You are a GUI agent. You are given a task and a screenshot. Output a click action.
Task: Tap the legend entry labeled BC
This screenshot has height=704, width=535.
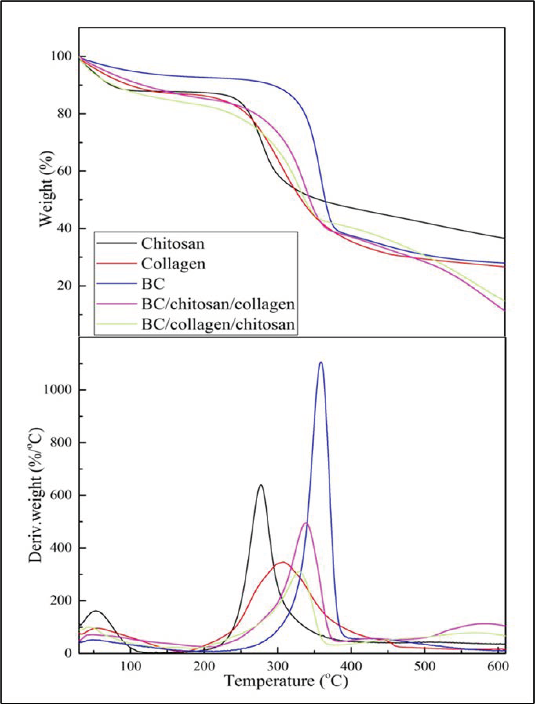pos(153,284)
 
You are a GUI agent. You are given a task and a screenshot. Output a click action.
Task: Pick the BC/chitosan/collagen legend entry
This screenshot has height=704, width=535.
pos(218,305)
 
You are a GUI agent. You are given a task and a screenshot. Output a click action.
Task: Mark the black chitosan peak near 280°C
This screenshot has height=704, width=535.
pos(261,494)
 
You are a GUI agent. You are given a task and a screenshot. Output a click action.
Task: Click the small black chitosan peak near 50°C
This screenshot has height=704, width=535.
pos(95,611)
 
